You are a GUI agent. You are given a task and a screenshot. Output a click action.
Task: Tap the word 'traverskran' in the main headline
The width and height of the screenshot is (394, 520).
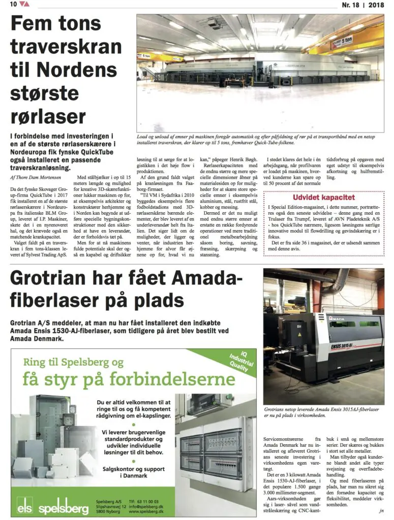pyautogui.click(x=66, y=47)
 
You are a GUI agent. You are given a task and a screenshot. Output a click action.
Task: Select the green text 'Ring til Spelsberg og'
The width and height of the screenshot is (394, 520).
pyautogui.click(x=73, y=362)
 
